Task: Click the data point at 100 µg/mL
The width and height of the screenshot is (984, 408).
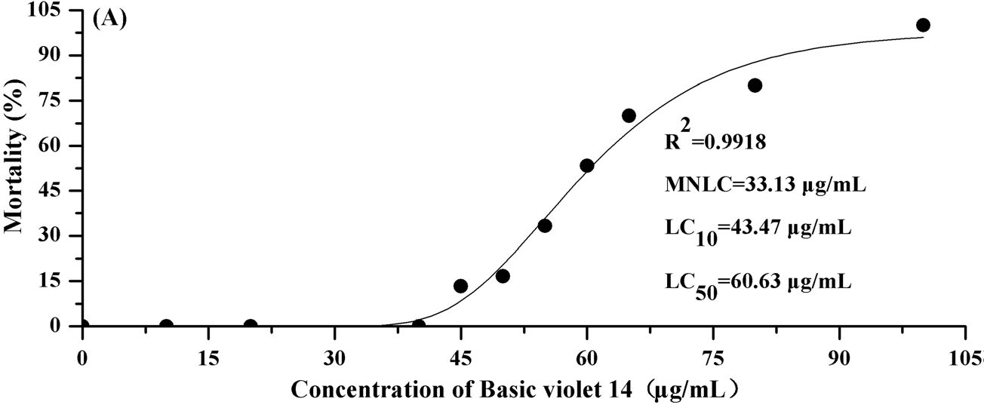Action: pos(923,25)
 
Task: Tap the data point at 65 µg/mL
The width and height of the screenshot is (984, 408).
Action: pos(629,115)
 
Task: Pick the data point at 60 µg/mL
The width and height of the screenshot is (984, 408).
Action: pos(587,165)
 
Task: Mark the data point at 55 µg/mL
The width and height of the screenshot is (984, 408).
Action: pos(545,225)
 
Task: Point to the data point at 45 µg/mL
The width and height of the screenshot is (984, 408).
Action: pos(460,286)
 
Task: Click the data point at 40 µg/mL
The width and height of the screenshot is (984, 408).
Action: pos(419,326)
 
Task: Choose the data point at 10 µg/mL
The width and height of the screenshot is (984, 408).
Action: pos(166,326)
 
